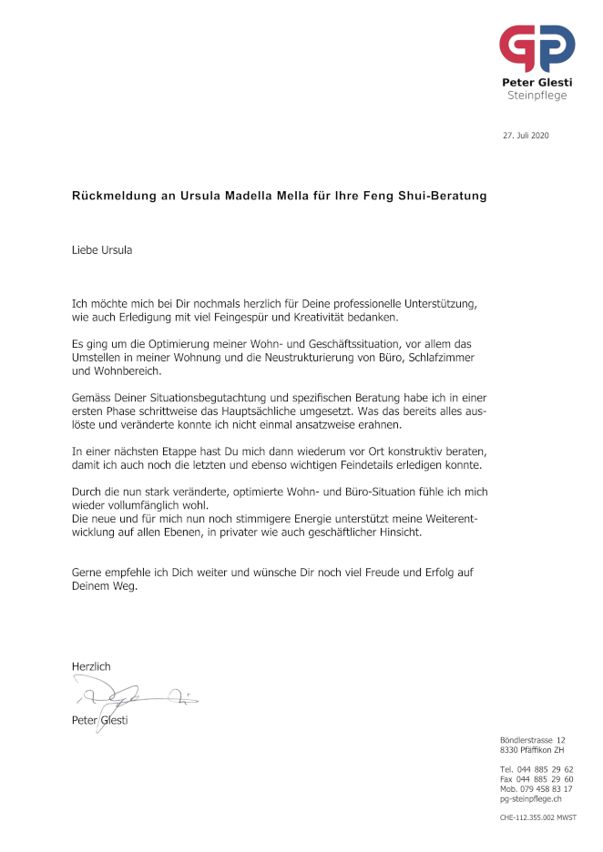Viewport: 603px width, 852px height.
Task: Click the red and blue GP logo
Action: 537,48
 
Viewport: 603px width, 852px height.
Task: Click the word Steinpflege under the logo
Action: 537,95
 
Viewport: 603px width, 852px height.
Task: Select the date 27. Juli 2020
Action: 526,136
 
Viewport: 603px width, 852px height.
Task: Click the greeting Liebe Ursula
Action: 102,249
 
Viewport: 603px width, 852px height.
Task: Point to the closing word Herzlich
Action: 91,666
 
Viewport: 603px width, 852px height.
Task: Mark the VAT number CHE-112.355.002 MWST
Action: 538,818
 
